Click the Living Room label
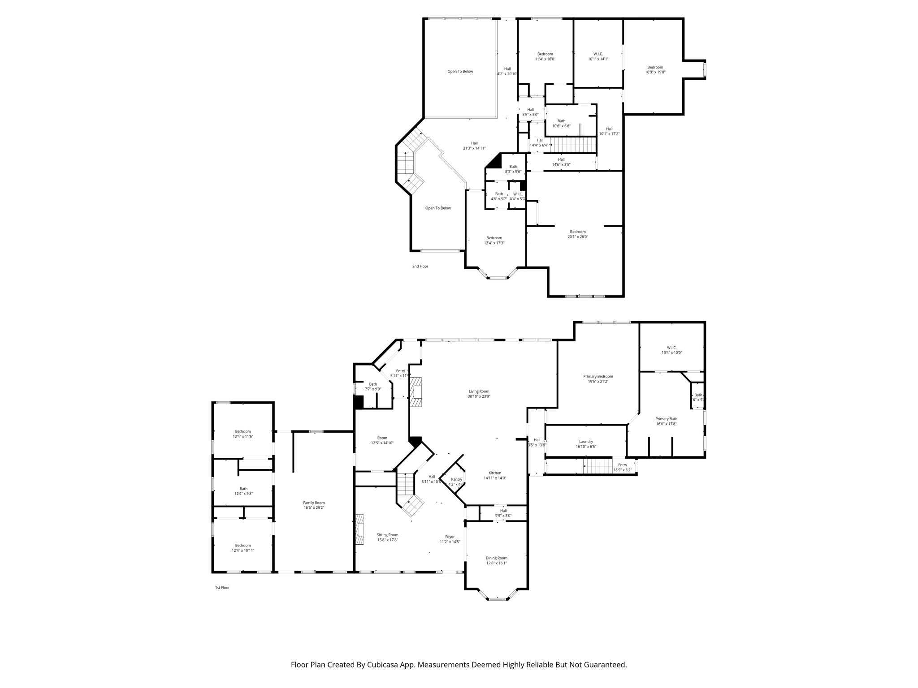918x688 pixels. [x=479, y=391]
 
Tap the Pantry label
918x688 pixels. [x=456, y=479]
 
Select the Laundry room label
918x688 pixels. [x=586, y=441]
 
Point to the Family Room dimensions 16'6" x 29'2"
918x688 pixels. [x=313, y=507]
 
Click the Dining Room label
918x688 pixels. [x=496, y=558]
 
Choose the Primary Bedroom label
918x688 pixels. [x=598, y=376]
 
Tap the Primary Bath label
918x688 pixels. [x=666, y=419]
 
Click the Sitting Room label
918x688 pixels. [x=387, y=535]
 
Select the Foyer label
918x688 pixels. [x=450, y=537]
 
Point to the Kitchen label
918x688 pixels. [x=495, y=473]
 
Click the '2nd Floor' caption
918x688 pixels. [x=420, y=266]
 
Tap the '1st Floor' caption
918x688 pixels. [x=222, y=587]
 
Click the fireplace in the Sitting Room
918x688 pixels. [x=359, y=529]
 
